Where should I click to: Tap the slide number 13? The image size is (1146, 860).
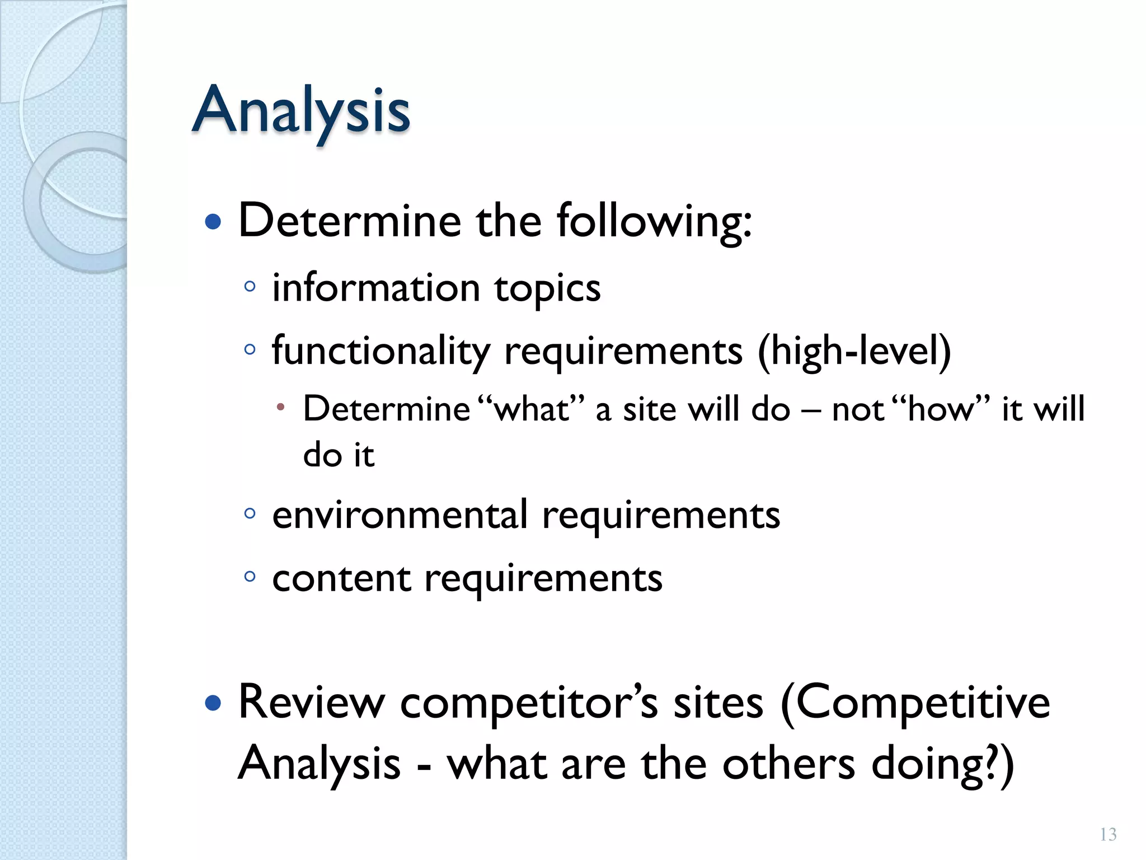pyautogui.click(x=1108, y=834)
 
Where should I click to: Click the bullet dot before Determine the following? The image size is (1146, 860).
pyautogui.click(x=213, y=222)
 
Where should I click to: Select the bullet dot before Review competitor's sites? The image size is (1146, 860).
pyautogui.click(x=213, y=703)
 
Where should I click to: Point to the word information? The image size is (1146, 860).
pyautogui.click(x=376, y=288)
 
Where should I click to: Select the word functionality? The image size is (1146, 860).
pyautogui.click(x=381, y=352)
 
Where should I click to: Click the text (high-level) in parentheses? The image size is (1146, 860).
pyautogui.click(x=854, y=352)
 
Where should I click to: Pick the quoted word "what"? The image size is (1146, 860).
pyautogui.click(x=532, y=409)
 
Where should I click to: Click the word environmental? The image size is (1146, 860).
pyautogui.click(x=400, y=515)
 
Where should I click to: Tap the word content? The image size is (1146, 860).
pyautogui.click(x=341, y=578)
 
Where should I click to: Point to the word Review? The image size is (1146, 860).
pyautogui.click(x=312, y=703)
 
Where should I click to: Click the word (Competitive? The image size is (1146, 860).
pyautogui.click(x=915, y=703)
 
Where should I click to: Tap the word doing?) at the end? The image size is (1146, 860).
pyautogui.click(x=942, y=765)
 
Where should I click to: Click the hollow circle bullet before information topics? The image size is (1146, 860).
pyautogui.click(x=250, y=287)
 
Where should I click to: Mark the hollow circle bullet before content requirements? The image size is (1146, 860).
pyautogui.click(x=250, y=576)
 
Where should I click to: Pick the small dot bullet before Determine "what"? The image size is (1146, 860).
pyautogui.click(x=281, y=407)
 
